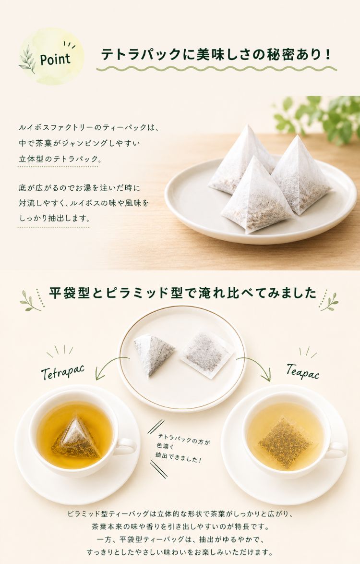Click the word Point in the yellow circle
tap(55, 59)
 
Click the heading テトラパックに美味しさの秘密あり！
tap(216, 55)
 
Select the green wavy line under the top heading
tap(216, 68)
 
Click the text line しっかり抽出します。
tap(54, 218)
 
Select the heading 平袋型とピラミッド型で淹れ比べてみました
tap(182, 293)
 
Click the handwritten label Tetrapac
tap(63, 371)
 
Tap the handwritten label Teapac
tap(302, 371)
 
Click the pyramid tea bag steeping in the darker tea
tap(76, 439)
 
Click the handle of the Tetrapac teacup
tap(126, 446)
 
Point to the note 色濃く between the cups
tap(165, 446)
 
